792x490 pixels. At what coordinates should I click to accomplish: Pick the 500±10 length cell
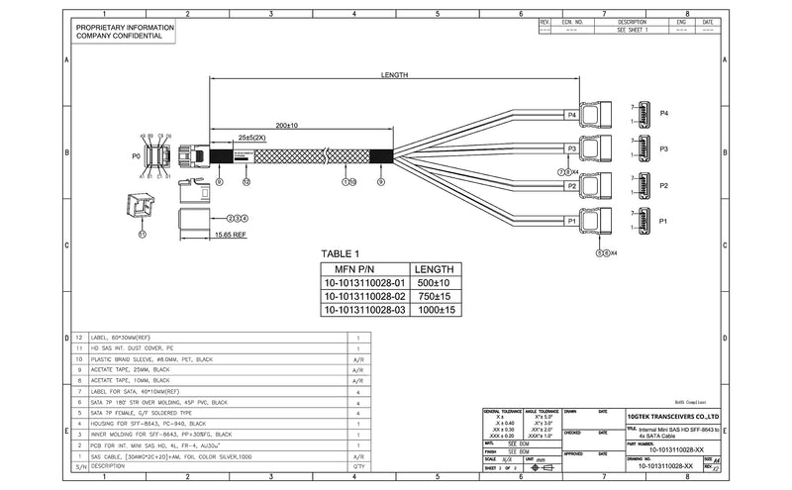[x=432, y=283]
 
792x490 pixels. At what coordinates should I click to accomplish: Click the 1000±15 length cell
[x=432, y=310]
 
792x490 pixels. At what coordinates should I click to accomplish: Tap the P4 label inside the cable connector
[x=571, y=115]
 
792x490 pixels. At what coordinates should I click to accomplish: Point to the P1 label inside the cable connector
[x=571, y=222]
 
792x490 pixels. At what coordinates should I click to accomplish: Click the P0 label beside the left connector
[x=136, y=155]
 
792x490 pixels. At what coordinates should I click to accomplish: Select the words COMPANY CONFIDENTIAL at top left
[x=119, y=38]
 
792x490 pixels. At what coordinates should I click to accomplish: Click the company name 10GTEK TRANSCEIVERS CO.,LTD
[x=673, y=418]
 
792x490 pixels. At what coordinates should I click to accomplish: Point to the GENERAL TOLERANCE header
[x=504, y=410]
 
